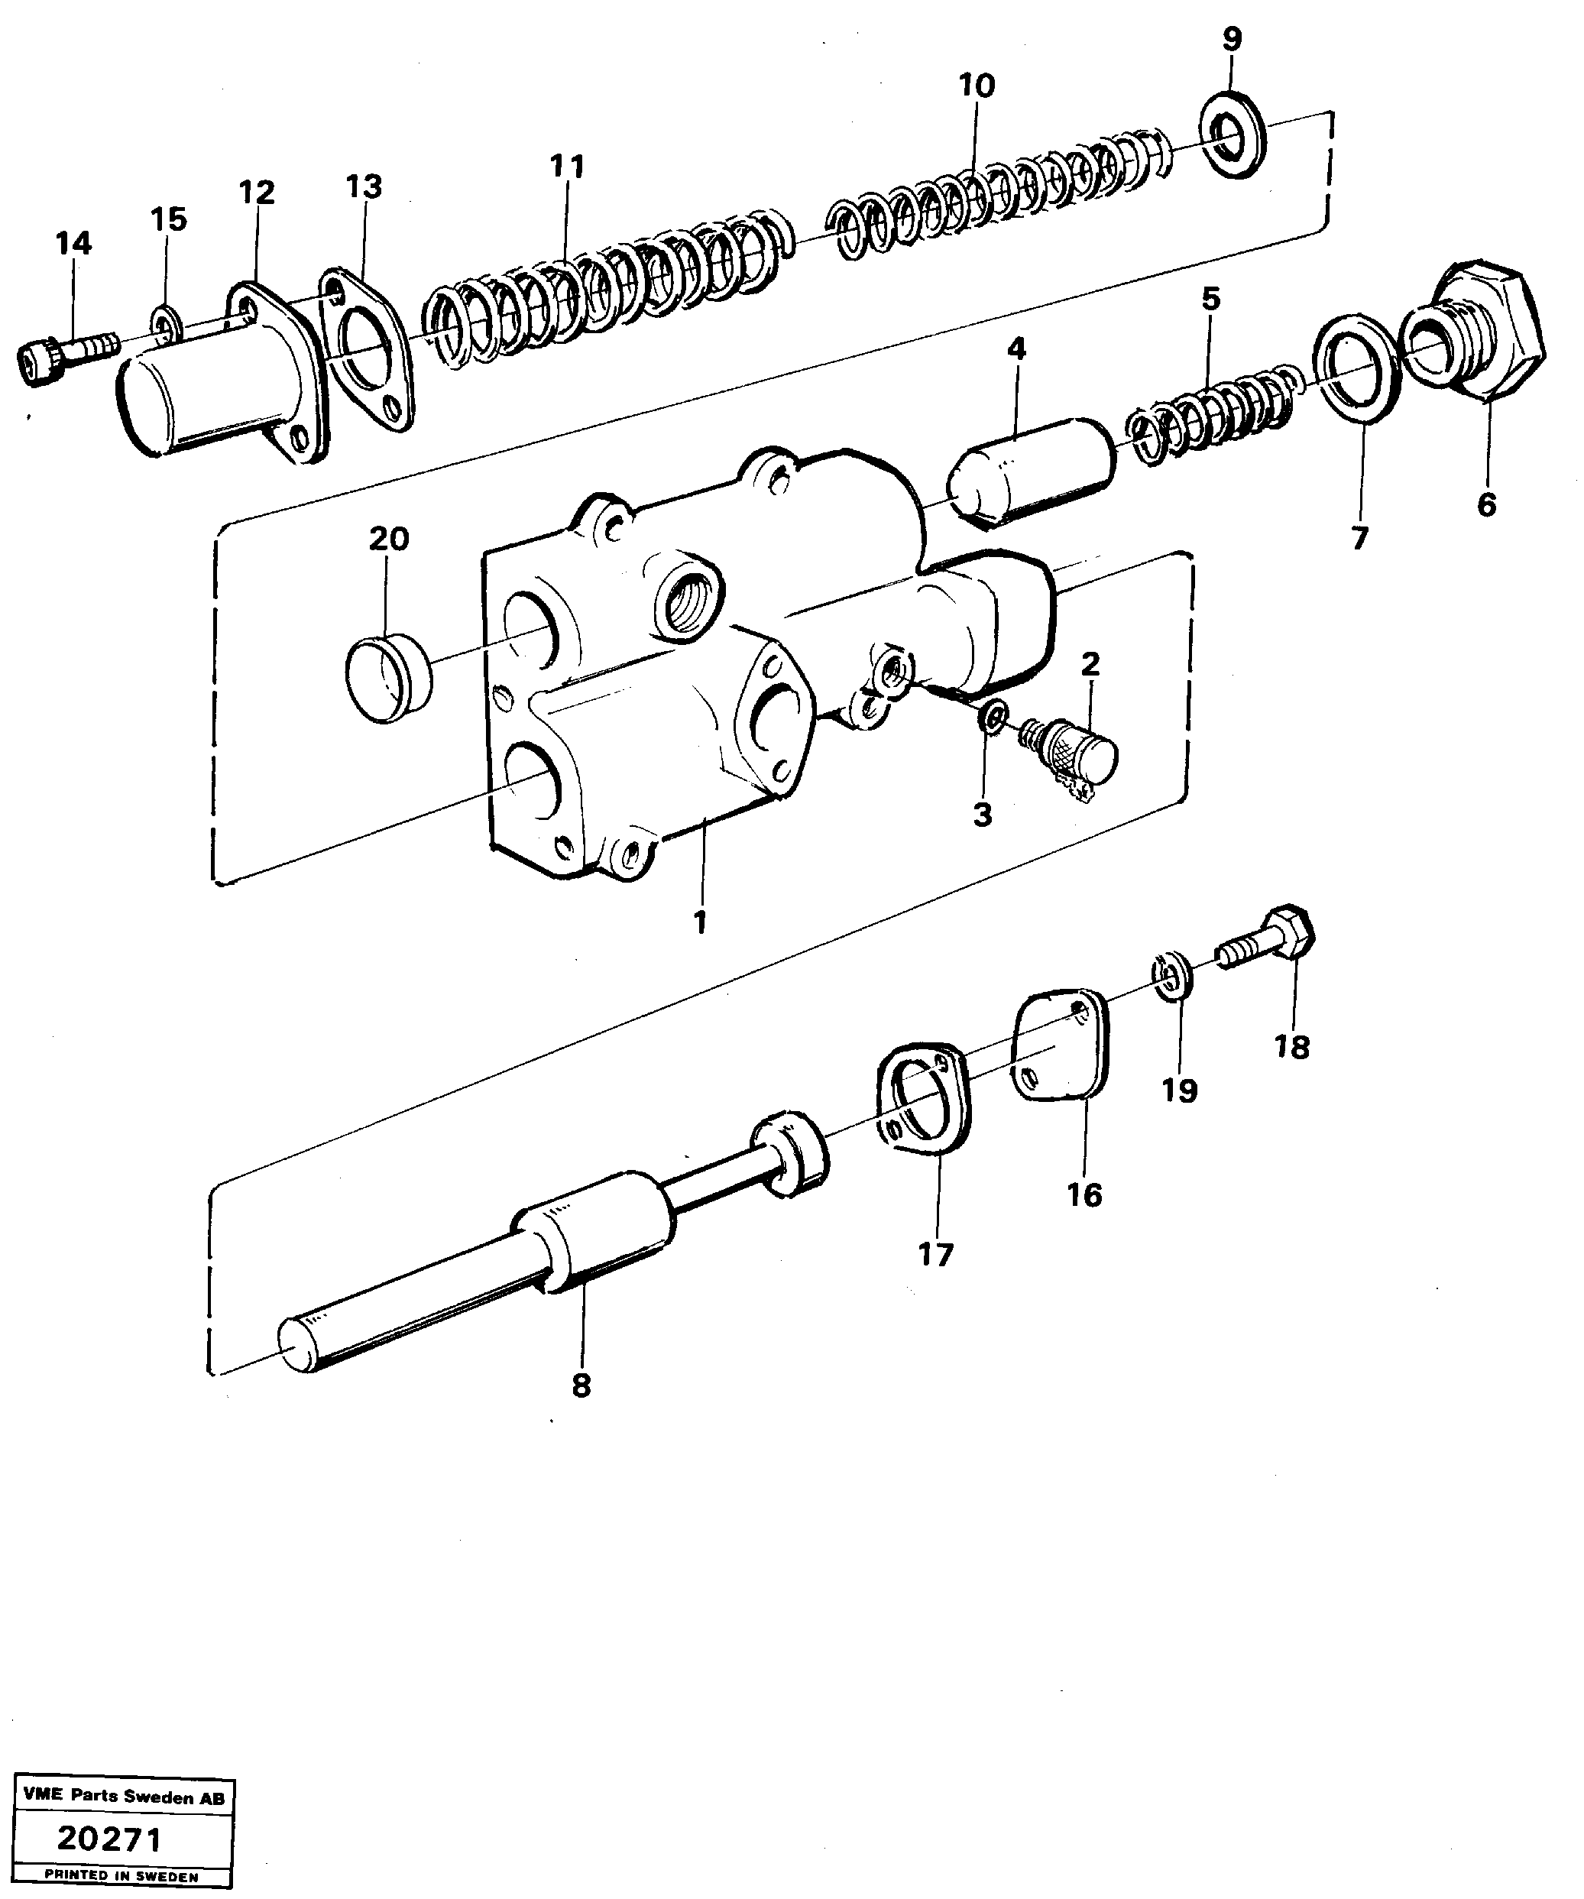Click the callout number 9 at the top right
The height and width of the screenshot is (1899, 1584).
click(1232, 40)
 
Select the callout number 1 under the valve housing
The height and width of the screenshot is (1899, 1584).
click(699, 923)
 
